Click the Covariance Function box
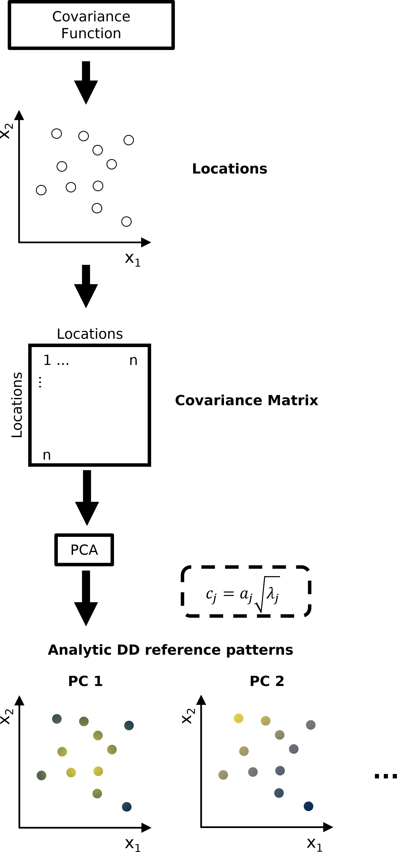91,25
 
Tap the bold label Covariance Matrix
246,400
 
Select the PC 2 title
267,681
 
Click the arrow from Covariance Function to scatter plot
86,83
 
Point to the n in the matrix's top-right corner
133,360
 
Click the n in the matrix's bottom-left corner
47,455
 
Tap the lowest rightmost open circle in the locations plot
127,222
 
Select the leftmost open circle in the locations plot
41,190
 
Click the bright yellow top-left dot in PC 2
239,718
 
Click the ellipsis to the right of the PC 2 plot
385,776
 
